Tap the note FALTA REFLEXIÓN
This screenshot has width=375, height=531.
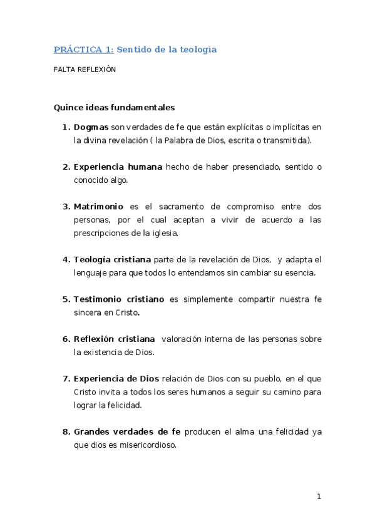pyautogui.click(x=85, y=70)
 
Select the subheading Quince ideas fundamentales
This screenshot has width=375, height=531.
pyautogui.click(x=114, y=107)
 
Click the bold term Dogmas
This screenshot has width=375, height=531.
pyautogui.click(x=91, y=127)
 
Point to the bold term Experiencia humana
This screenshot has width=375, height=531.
pyautogui.click(x=118, y=167)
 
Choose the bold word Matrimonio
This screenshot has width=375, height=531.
pyautogui.click(x=98, y=206)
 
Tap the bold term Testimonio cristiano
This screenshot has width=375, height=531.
pyautogui.click(x=119, y=299)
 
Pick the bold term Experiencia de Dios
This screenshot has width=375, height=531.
pyautogui.click(x=116, y=378)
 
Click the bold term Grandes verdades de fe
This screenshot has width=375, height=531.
pyautogui.click(x=127, y=431)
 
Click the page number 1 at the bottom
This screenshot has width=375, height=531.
pyautogui.click(x=319, y=497)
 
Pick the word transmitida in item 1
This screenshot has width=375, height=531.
pyautogui.click(x=285, y=140)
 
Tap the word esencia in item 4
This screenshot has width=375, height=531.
pyautogui.click(x=299, y=273)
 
